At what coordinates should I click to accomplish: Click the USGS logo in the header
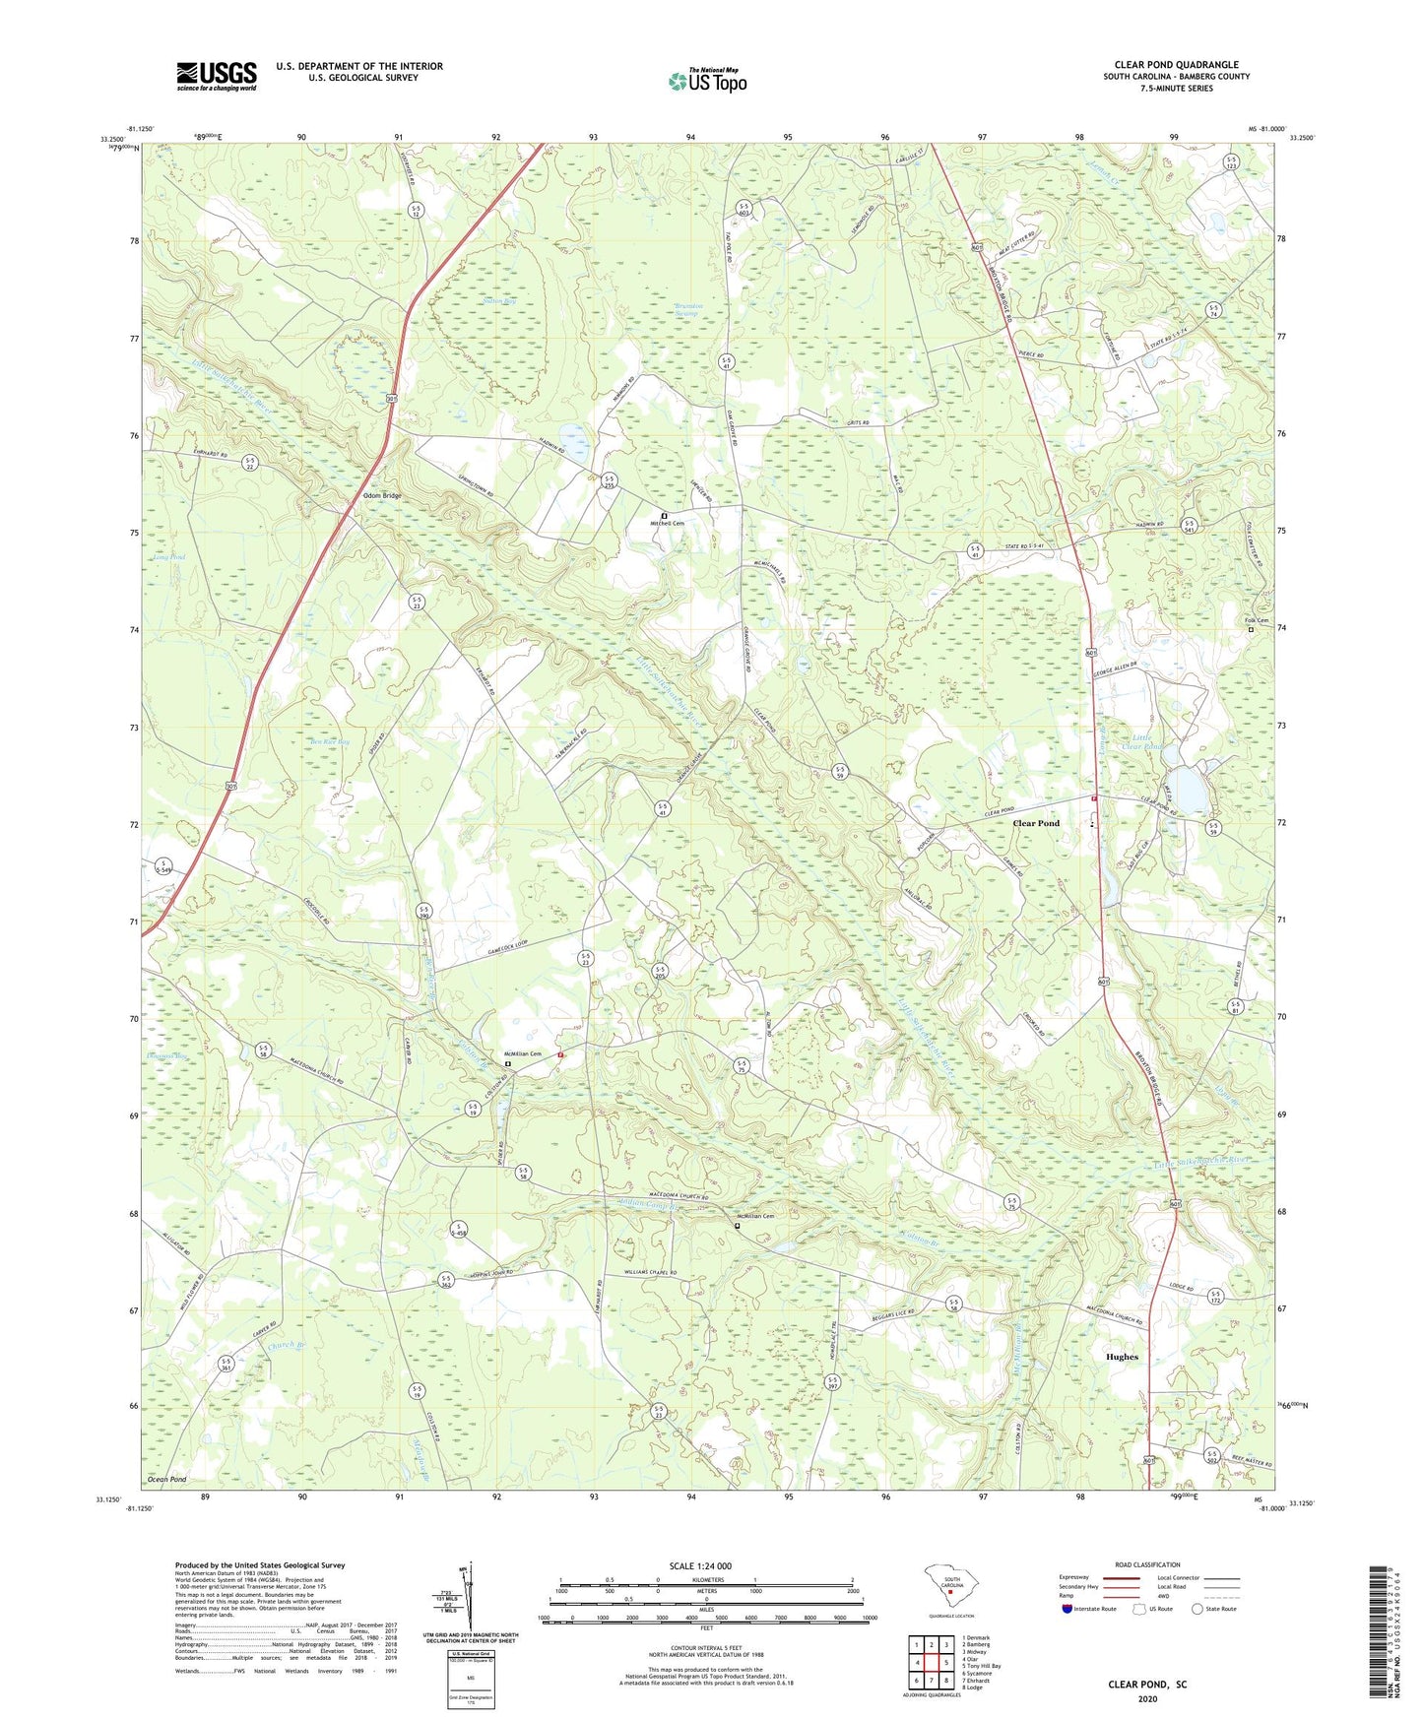pos(217,76)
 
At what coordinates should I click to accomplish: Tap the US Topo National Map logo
pos(706,81)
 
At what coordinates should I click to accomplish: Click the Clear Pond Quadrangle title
pos(1177,65)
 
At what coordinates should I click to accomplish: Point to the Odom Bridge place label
pos(382,495)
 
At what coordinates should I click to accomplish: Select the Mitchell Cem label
pos(667,524)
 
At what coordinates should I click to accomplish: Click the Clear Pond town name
pos(1036,823)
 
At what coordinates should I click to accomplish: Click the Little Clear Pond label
pos(1147,741)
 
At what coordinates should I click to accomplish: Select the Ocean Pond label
pos(166,1480)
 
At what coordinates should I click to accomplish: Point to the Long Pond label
pos(169,557)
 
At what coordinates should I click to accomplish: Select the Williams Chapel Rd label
pos(650,1273)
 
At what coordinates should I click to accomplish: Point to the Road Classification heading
pos(1147,1564)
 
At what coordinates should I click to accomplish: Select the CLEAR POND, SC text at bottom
pos(1147,1685)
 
